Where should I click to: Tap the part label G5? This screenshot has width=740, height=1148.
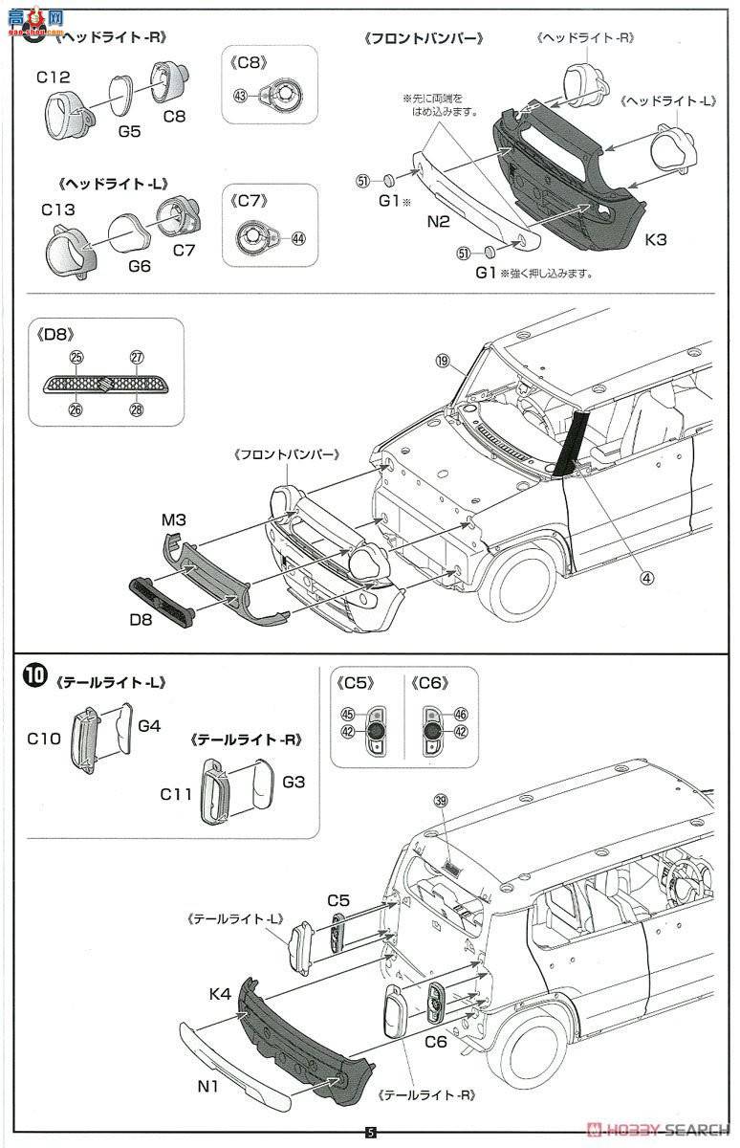click(x=129, y=131)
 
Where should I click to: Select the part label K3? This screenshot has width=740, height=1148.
click(x=656, y=241)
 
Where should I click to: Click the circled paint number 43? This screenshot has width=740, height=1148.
click(x=240, y=95)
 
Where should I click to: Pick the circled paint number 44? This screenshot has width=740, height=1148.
click(x=298, y=237)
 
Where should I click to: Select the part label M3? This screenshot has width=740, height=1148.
click(x=173, y=519)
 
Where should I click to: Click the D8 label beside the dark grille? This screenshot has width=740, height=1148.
click(x=141, y=620)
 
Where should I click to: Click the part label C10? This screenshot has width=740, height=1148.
click(x=44, y=738)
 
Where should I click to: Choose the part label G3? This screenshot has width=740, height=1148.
click(x=294, y=782)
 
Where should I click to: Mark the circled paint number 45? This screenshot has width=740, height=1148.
click(x=347, y=714)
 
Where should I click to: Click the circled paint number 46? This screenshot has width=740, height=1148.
click(x=461, y=714)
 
